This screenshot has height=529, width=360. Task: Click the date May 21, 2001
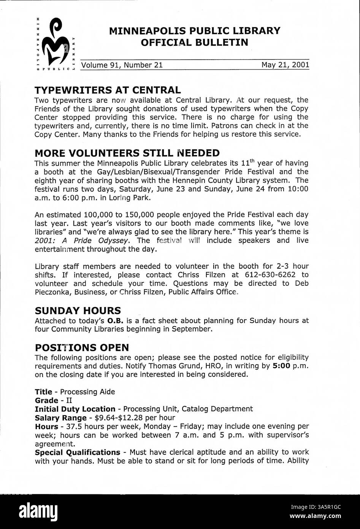285,65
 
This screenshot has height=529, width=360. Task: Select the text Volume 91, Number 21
122,65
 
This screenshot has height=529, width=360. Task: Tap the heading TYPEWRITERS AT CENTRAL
108,90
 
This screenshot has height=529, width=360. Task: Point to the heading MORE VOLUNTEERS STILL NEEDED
127,153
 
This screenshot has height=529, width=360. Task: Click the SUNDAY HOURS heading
78,311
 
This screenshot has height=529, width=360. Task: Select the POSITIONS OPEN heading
82,347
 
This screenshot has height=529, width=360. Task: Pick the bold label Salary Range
60,418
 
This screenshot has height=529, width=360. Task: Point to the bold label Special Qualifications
77,452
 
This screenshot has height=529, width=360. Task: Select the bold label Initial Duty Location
75,409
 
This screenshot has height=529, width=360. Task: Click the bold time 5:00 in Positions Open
282,366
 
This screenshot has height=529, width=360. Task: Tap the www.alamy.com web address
315,516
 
